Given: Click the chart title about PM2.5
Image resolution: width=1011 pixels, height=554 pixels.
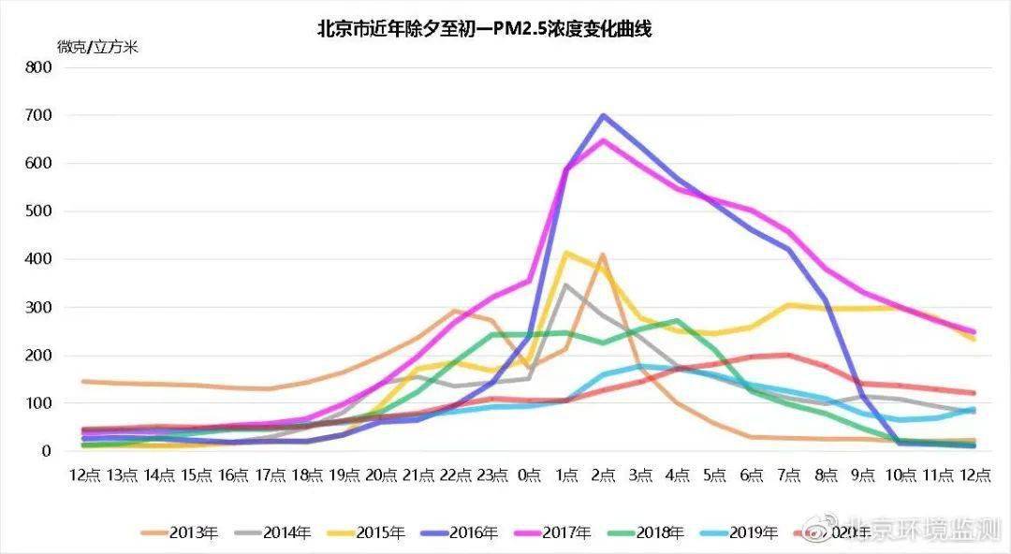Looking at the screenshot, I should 484,29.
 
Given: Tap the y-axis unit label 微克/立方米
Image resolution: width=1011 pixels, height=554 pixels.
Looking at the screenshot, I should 97,47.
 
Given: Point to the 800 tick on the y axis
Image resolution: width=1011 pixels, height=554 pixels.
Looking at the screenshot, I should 38,67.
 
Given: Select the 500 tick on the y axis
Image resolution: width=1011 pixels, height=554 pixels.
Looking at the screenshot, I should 38,211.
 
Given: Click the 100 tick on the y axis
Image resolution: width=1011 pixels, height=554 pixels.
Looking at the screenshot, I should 38,403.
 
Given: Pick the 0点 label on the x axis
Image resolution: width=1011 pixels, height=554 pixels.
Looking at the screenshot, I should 530,475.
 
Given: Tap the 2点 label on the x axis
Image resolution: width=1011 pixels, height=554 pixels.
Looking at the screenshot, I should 604,475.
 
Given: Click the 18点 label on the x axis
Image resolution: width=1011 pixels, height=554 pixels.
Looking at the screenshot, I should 307,475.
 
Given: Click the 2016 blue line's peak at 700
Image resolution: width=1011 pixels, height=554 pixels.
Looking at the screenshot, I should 604,116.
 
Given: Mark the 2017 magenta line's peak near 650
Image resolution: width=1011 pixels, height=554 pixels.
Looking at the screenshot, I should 604,140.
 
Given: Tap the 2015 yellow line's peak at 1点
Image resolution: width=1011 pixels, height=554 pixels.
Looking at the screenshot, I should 566,253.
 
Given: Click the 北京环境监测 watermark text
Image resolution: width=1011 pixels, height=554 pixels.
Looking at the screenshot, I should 922,531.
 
